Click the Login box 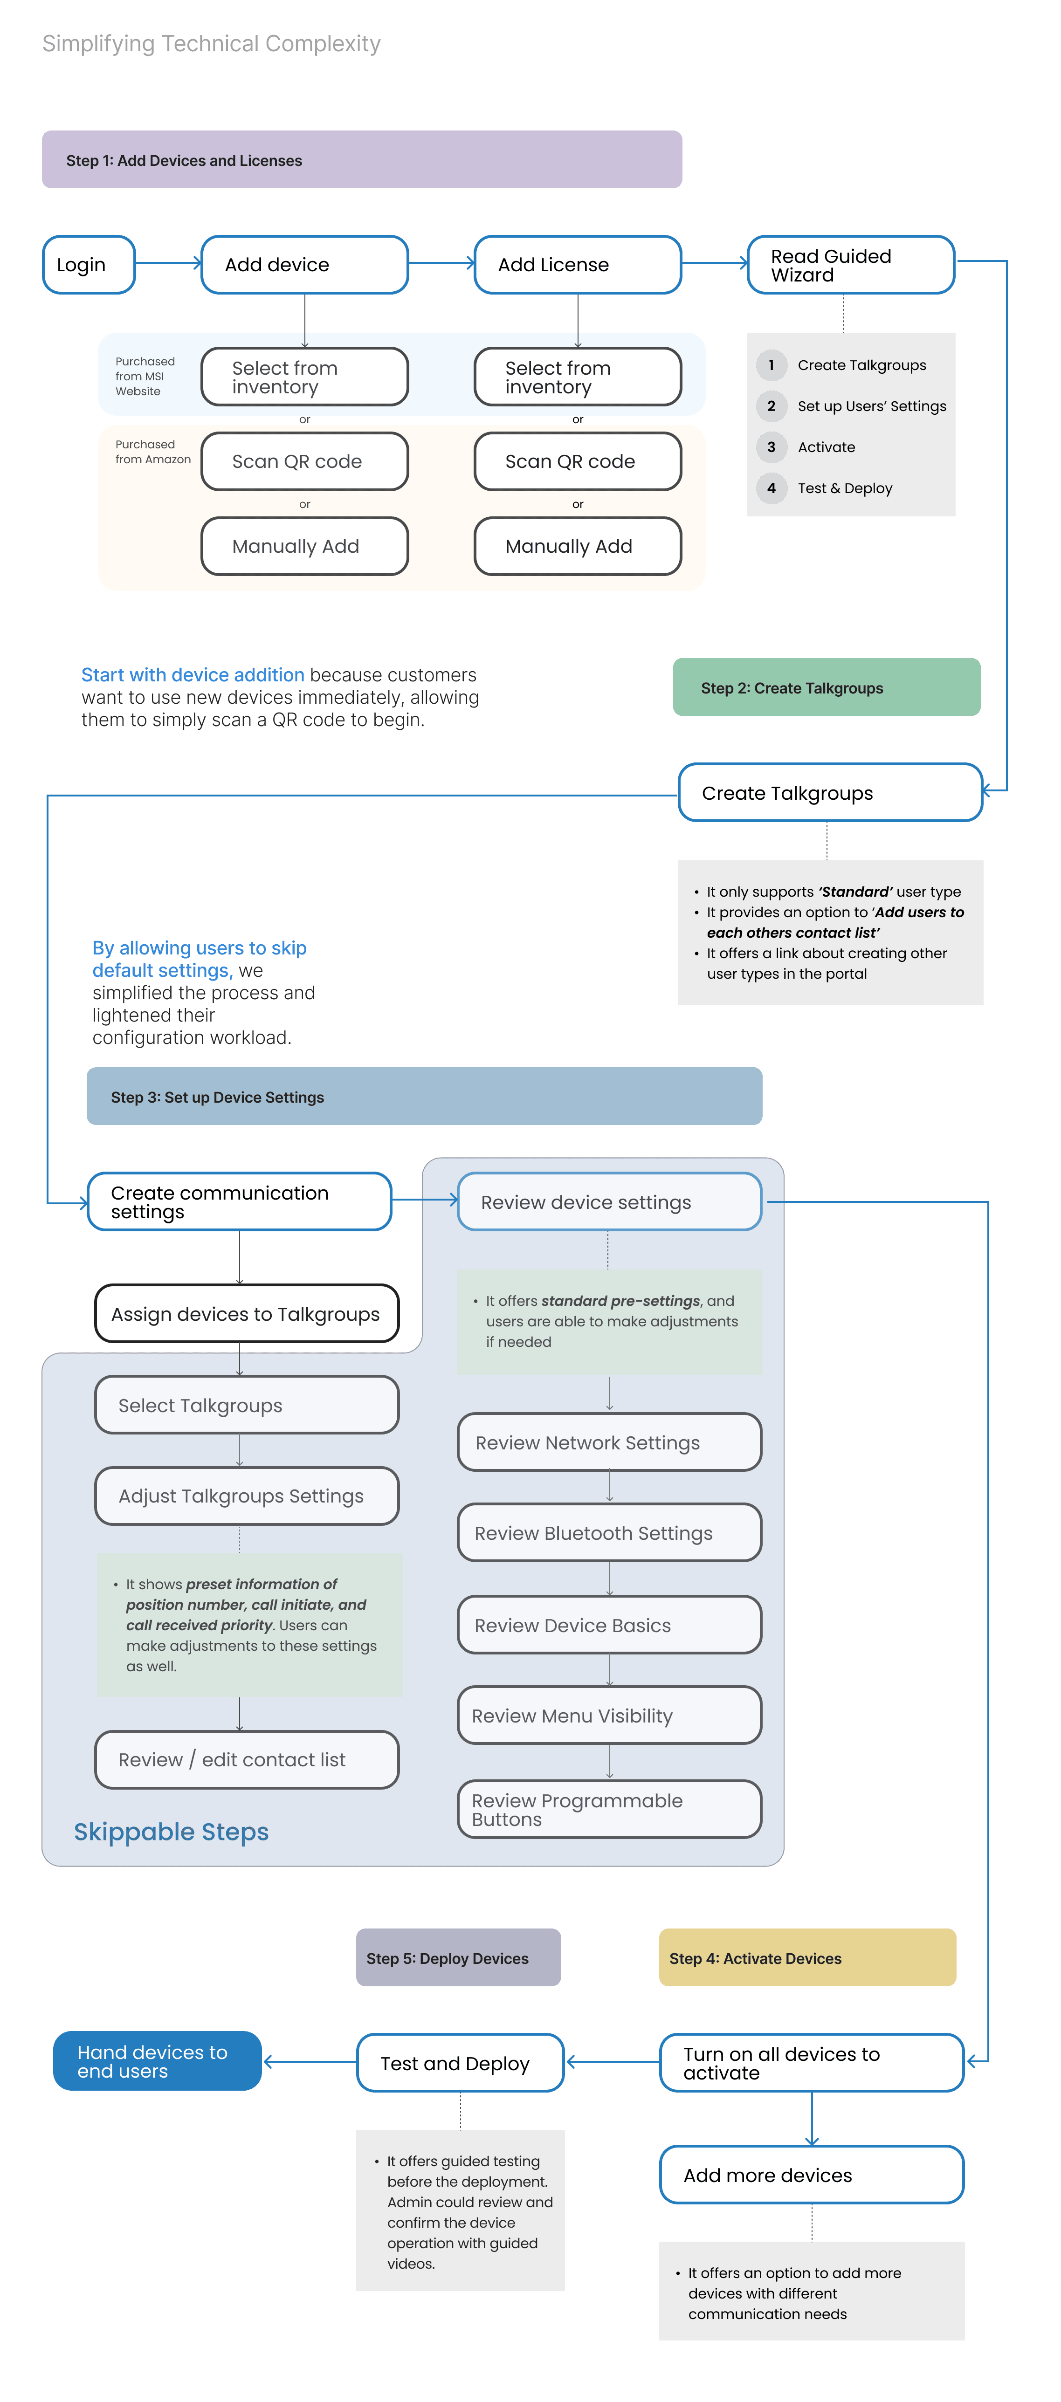pos(89,265)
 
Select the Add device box pos(305,265)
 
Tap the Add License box pos(578,265)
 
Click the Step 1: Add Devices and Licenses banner pos(362,159)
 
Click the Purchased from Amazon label pos(153,452)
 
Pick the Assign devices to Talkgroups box pos(247,1314)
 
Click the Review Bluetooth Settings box pos(610,1533)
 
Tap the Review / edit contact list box pos(247,1759)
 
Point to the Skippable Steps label pos(172,1832)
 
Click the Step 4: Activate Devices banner pos(807,1958)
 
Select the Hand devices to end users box pos(158,2061)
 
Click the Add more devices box pos(812,2175)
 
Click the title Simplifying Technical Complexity pos(212,44)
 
